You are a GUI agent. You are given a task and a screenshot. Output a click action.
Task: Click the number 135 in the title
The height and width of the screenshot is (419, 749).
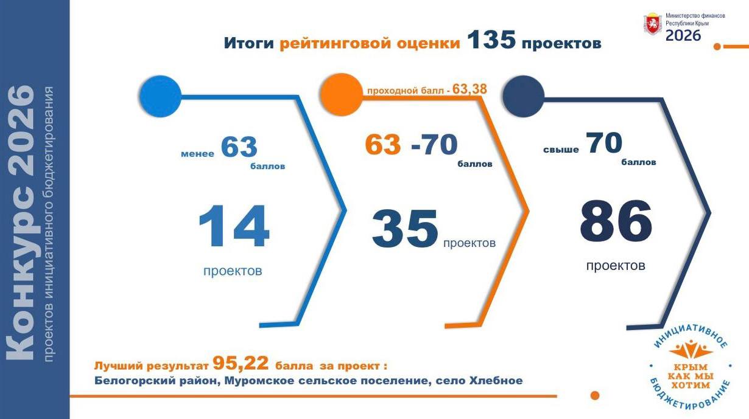(x=491, y=41)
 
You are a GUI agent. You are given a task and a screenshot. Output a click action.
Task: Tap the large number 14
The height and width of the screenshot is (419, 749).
(x=234, y=227)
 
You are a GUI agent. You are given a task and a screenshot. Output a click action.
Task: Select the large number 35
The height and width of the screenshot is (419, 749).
(x=405, y=229)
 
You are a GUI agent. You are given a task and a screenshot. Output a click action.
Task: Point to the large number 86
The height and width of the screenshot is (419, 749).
(x=616, y=221)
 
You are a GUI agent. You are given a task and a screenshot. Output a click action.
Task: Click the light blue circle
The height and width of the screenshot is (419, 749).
(x=160, y=95)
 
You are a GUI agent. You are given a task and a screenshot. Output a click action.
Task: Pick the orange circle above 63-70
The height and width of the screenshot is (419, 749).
(x=341, y=94)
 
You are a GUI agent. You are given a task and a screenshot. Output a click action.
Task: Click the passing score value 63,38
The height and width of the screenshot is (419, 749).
(x=469, y=89)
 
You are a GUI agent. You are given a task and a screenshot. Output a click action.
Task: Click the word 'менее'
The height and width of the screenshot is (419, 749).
(x=197, y=154)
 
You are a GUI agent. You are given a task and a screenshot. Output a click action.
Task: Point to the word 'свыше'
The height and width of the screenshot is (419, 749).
(x=561, y=150)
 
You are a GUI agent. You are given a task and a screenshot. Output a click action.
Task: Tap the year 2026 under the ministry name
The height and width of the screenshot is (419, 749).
(x=683, y=35)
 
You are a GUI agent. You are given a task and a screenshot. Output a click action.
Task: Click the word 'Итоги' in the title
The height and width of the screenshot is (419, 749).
(x=249, y=44)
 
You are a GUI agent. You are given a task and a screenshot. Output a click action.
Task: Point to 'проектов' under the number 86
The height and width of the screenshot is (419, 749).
(x=615, y=266)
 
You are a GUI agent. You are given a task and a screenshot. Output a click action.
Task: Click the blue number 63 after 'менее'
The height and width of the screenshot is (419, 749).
(x=239, y=147)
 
